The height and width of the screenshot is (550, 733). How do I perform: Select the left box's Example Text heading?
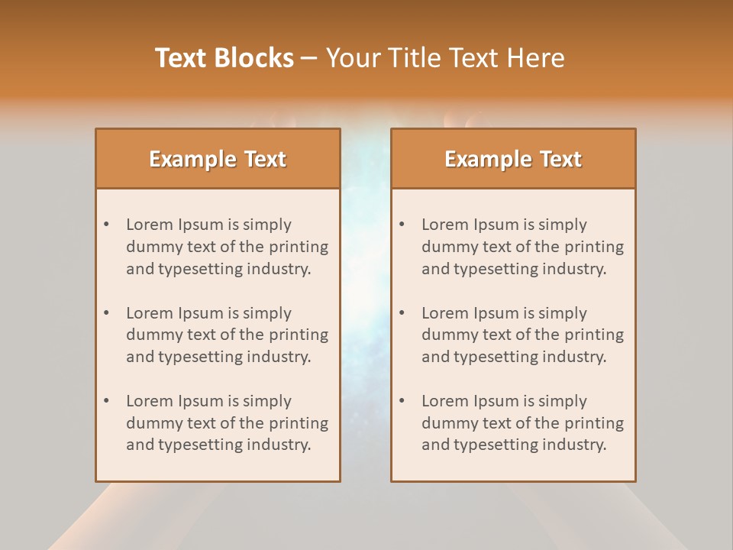pyautogui.click(x=218, y=159)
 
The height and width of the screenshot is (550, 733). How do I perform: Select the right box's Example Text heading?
pyautogui.click(x=513, y=159)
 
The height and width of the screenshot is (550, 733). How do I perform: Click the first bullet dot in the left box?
pyautogui.click(x=107, y=225)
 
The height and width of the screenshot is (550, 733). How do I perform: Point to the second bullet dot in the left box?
pyautogui.click(x=107, y=313)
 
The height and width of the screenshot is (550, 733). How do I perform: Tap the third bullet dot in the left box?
pyautogui.click(x=107, y=401)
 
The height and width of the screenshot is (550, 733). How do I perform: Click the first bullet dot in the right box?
pyautogui.click(x=402, y=225)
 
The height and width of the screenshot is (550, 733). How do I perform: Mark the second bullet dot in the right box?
pyautogui.click(x=402, y=313)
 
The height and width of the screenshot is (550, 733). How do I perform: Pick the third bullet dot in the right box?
pyautogui.click(x=402, y=401)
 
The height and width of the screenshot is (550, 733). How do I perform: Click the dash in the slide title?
pyautogui.click(x=309, y=58)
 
